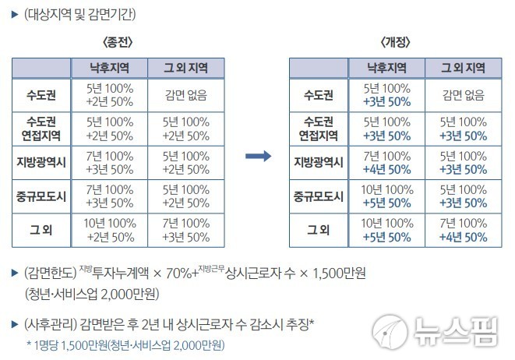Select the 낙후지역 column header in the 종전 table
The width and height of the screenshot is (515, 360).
pos(108,66)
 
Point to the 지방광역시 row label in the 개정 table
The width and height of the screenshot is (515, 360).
pos(319,162)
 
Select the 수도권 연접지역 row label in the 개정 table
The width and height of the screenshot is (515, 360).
pos(319,129)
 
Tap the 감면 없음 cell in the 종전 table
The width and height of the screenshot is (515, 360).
pos(187,96)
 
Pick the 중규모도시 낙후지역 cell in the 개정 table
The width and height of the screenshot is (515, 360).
pos(387,196)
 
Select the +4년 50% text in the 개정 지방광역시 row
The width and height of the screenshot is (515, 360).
pos(387,169)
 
